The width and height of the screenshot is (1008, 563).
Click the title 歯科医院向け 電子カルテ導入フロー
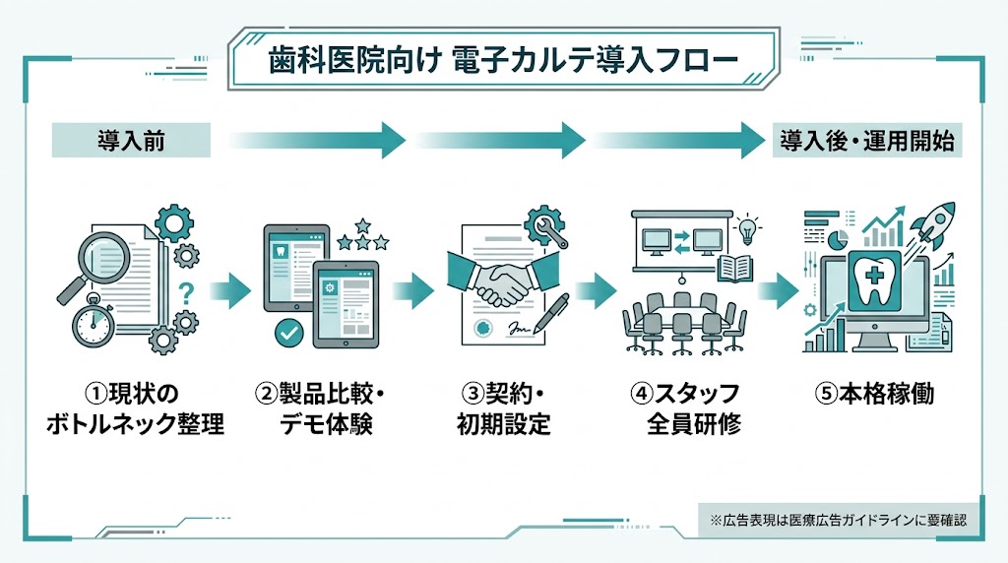click(503, 60)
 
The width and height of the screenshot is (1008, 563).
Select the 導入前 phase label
click(130, 140)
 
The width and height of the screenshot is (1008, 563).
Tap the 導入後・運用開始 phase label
click(867, 140)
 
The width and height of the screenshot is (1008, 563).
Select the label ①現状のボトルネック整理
click(136, 409)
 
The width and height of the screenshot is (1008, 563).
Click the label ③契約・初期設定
click(504, 409)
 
